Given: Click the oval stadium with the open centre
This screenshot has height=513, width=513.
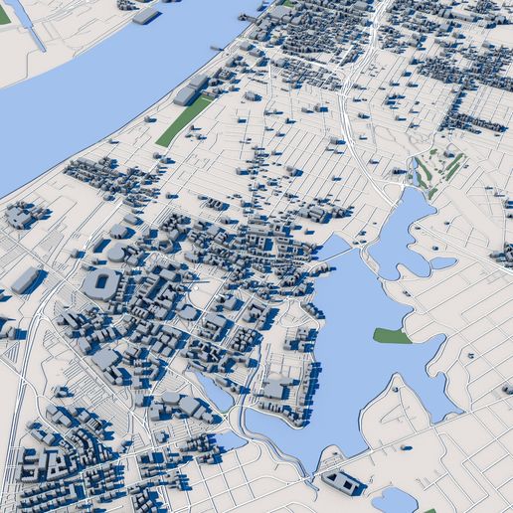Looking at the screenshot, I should click(x=100, y=284).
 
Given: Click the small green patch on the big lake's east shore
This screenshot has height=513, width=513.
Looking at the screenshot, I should click(x=391, y=336).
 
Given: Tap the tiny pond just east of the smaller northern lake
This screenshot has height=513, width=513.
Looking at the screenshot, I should click(x=443, y=263).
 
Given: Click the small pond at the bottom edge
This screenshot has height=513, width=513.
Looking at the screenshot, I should click(x=393, y=499).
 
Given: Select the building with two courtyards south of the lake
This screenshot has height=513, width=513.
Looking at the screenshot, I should click(x=343, y=483).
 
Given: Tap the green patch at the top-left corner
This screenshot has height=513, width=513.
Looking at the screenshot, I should click(x=4, y=15).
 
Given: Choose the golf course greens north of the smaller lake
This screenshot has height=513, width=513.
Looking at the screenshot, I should click(x=437, y=169).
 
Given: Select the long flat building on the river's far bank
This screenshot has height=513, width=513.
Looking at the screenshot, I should click(x=146, y=16).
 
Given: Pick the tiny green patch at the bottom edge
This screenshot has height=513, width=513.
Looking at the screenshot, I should click(x=429, y=510).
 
